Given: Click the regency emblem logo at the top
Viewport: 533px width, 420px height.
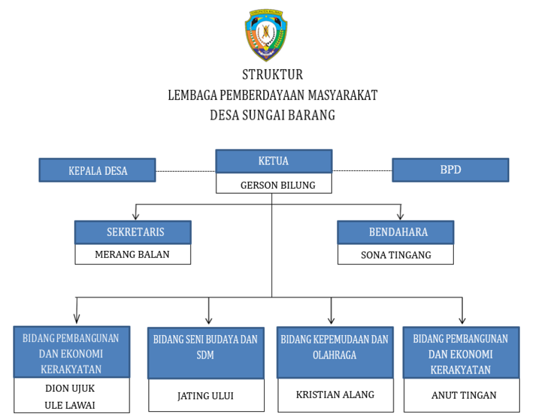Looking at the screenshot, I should click(x=267, y=35).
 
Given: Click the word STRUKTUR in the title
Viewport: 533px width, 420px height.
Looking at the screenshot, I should click(x=272, y=74).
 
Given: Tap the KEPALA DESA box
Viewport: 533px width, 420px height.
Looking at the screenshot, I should click(x=98, y=170).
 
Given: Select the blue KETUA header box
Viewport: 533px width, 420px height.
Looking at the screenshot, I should click(x=274, y=161).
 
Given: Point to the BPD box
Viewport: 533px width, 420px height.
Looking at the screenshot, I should click(x=450, y=170).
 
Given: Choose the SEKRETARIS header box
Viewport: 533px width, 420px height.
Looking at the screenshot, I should click(x=133, y=232).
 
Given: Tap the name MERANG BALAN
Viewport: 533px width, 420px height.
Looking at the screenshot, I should click(x=132, y=254).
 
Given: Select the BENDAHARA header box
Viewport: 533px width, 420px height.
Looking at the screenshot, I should click(x=396, y=232).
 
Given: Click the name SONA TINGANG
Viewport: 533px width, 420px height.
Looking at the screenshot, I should click(x=396, y=255).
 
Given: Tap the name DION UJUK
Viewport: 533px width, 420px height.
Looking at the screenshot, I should click(x=70, y=388).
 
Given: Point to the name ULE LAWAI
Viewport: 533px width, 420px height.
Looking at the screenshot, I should click(x=70, y=404).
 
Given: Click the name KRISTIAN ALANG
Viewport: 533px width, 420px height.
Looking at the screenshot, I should click(x=335, y=394).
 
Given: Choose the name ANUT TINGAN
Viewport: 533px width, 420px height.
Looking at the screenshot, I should click(x=461, y=395).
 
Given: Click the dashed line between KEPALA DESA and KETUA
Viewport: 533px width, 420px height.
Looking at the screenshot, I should click(x=185, y=171).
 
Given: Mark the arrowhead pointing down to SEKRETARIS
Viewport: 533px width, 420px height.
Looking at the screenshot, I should click(x=136, y=215).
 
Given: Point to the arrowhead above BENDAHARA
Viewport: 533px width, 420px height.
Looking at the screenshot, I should click(x=400, y=215).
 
